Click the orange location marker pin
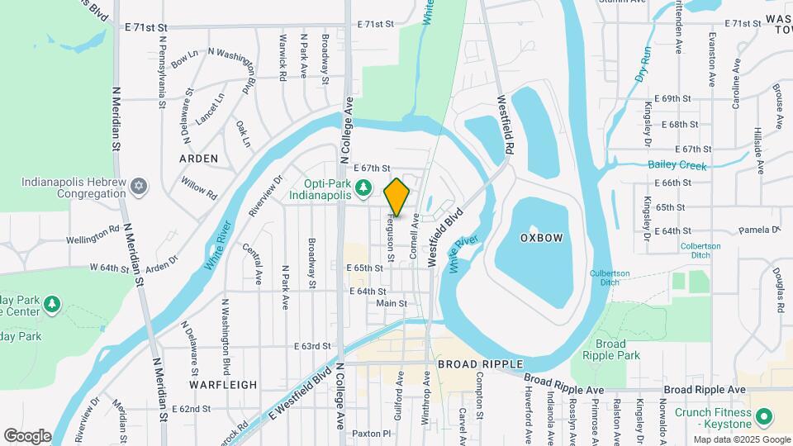pyautogui.click(x=397, y=197)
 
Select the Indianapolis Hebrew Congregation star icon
pyautogui.click(x=140, y=186)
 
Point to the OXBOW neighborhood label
pyautogui.click(x=542, y=238)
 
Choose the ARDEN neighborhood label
pyautogui.click(x=199, y=158)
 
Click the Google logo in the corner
pyautogui.click(x=27, y=436)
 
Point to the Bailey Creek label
pyautogui.click(x=677, y=165)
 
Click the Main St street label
pyautogui.click(x=392, y=303)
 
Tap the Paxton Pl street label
pyautogui.click(x=370, y=433)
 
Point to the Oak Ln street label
pyautogui.click(x=243, y=134)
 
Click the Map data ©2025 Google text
pyautogui.click(x=741, y=439)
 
